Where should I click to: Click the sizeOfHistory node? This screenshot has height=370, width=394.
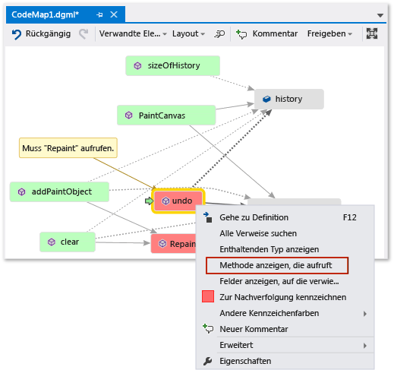coord(172,66)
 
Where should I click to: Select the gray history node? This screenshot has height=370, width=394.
coord(288,99)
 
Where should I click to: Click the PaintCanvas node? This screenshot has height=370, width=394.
coord(166,115)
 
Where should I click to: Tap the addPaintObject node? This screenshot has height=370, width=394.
coord(60,191)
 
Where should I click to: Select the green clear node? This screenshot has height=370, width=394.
coord(68,242)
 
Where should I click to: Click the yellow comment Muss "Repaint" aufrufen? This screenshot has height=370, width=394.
coord(68,147)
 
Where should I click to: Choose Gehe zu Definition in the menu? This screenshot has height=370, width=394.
coord(254,217)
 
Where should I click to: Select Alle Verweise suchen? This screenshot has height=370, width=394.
coord(257,233)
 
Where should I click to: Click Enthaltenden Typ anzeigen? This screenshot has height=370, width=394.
coord(269,249)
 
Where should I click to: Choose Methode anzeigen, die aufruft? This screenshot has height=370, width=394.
coord(276,265)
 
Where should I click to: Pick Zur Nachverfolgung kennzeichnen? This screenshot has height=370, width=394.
coord(282,297)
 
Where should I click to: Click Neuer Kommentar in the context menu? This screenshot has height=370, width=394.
coord(254,329)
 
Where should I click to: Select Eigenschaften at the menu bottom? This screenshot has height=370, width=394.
coord(244,361)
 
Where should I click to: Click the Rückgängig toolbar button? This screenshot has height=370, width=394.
coord(43,34)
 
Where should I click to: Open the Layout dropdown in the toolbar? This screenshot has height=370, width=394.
coord(188,34)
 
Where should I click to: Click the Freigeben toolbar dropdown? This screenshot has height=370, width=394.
coord(329,34)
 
